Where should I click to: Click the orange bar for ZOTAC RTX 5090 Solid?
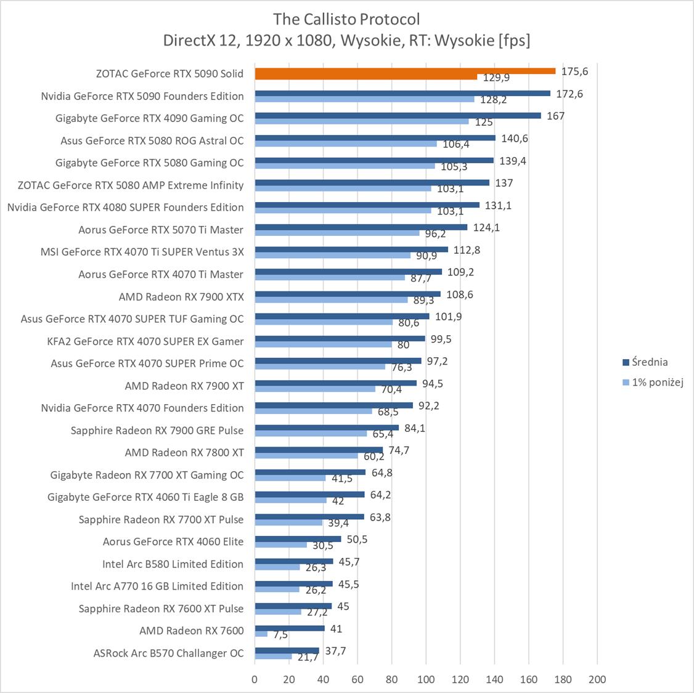click(x=404, y=71)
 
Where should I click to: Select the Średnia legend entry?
click(x=645, y=362)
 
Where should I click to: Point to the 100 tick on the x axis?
click(x=426, y=679)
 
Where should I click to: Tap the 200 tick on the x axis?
click(x=597, y=679)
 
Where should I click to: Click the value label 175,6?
click(x=574, y=71)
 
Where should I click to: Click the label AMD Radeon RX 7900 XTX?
click(x=181, y=297)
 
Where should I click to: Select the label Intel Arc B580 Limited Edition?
click(x=173, y=564)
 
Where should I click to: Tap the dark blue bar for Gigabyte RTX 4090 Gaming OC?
click(x=398, y=115)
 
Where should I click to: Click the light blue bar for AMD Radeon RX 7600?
click(x=261, y=634)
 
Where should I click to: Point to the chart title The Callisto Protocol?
click(x=347, y=19)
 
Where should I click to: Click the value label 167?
click(x=555, y=116)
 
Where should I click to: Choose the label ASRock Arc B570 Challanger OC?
click(x=168, y=653)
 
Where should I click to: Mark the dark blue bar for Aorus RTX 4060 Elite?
click(x=298, y=538)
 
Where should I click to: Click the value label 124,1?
click(x=487, y=227)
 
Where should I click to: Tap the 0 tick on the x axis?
click(x=255, y=679)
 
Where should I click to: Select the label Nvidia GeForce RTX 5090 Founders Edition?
click(x=142, y=96)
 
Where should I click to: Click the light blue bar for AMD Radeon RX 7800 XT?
click(x=306, y=456)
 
